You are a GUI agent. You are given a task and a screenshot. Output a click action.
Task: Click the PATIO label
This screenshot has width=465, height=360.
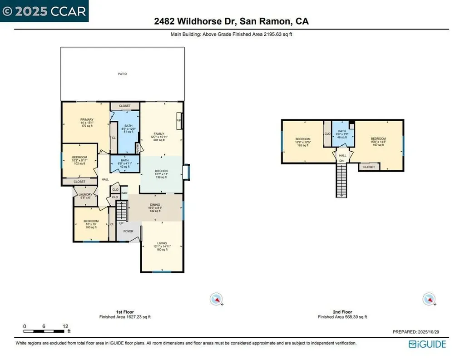click(123, 74)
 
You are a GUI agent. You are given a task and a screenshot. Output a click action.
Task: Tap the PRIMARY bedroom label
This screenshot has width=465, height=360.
click(87, 120)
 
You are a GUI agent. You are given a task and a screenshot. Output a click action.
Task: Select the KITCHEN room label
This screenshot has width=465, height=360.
click(161, 171)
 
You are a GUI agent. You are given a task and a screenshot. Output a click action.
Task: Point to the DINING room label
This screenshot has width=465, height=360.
click(155, 205)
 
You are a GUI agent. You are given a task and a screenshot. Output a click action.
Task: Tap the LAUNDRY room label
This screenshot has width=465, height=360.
click(85, 194)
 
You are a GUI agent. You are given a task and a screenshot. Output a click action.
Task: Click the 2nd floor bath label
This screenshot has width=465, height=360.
click(342, 131)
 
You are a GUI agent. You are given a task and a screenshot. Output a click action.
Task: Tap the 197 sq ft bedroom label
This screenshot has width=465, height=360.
click(378, 139)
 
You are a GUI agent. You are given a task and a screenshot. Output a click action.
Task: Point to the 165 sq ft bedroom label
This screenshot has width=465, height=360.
click(303, 139)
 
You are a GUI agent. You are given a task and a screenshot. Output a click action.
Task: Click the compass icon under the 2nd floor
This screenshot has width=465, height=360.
click(429, 299)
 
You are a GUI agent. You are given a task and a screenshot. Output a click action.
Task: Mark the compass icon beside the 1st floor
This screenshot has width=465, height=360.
click(217, 299)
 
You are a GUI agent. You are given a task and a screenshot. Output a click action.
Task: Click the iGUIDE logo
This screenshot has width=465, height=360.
click(427, 344)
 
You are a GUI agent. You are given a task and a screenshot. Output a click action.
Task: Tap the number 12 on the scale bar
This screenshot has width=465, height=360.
click(65, 326)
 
